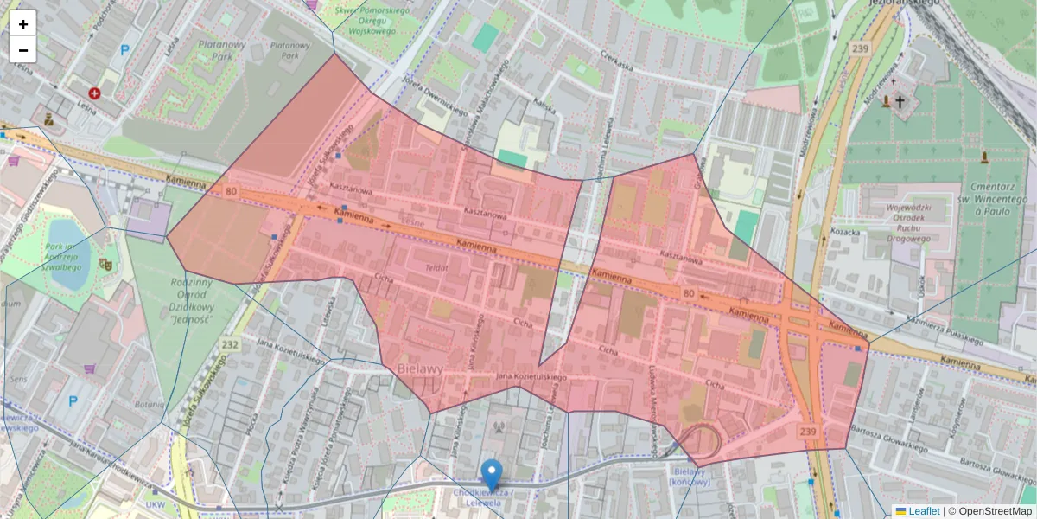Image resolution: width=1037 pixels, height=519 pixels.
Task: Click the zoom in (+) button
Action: [23, 23]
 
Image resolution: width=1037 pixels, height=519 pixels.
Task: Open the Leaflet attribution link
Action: [923, 511]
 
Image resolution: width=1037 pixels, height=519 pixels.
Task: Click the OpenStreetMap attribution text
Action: [990, 511]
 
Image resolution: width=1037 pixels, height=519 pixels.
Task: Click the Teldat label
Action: [436, 268]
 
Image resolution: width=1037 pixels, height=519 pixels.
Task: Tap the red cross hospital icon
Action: [94, 93]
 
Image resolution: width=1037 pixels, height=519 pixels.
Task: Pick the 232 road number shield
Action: [230, 344]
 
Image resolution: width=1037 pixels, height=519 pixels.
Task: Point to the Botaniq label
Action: [150, 404]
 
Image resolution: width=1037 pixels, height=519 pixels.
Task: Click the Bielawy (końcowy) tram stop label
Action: [690, 477]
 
